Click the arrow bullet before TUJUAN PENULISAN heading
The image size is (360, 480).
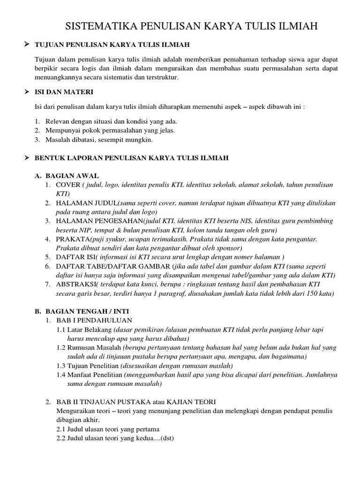coord(27,45)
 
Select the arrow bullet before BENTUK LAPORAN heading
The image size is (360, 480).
coord(27,158)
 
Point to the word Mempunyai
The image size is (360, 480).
coord(62,130)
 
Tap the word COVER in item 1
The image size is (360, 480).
coord(68,185)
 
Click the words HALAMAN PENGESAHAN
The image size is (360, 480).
coord(99,221)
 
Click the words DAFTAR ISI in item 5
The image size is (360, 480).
coord(75,257)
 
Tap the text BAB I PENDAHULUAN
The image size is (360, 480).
coord(90,321)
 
